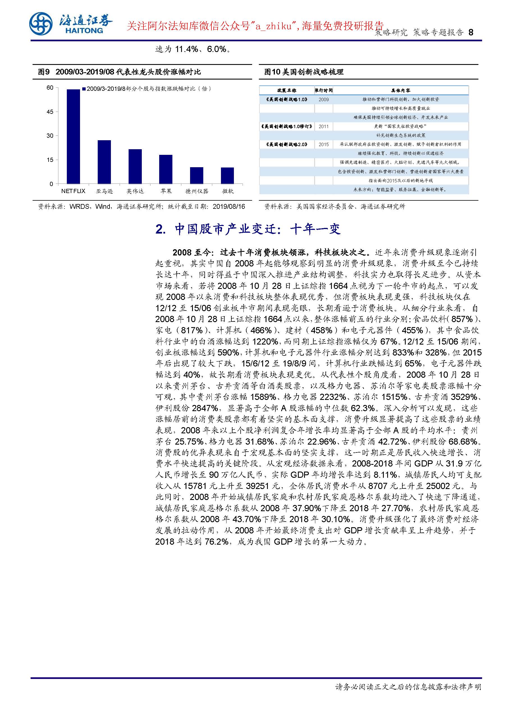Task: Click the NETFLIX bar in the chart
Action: [x=73, y=136]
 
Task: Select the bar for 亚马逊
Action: [x=104, y=162]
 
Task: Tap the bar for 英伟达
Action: [x=135, y=166]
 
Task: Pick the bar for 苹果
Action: [x=166, y=169]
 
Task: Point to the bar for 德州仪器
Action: [x=197, y=175]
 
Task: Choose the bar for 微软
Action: [x=227, y=175]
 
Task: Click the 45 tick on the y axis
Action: [x=50, y=112]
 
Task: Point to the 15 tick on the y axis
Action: [x=50, y=160]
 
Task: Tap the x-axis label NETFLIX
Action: [x=73, y=191]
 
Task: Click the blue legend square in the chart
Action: [x=84, y=89]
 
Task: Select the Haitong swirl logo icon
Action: [x=41, y=24]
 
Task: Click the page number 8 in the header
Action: [x=471, y=32]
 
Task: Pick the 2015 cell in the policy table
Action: [x=323, y=144]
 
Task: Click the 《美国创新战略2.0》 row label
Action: [x=286, y=144]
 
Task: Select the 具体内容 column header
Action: [x=401, y=91]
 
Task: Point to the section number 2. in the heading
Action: [x=161, y=229]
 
